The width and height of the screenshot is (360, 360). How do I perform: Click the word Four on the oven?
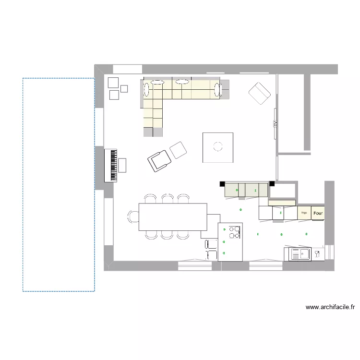tap(318, 212)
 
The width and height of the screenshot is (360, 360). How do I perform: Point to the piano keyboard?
tap(114, 165)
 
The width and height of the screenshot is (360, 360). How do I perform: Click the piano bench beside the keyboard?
tap(122, 165)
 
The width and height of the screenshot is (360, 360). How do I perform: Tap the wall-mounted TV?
tap(275, 123)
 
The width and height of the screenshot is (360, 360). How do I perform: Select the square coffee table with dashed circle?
tap(218, 147)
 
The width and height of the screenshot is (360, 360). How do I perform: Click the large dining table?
tap(173, 217)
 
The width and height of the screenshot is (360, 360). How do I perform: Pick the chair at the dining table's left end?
tap(133, 217)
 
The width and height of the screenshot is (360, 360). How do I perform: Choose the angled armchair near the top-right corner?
tap(260, 93)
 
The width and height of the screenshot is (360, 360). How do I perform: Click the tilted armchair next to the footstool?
tap(159, 160)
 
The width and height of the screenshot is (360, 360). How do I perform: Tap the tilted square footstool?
tap(178, 150)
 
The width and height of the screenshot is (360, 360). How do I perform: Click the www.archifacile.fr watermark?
tap(330, 307)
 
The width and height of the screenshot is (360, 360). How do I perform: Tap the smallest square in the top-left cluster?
tap(124, 88)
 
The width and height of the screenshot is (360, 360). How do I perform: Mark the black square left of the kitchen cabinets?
tap(222, 183)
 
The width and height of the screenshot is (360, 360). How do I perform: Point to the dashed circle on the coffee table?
tap(218, 146)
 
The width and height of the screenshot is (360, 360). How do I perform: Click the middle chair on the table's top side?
tap(167, 198)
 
